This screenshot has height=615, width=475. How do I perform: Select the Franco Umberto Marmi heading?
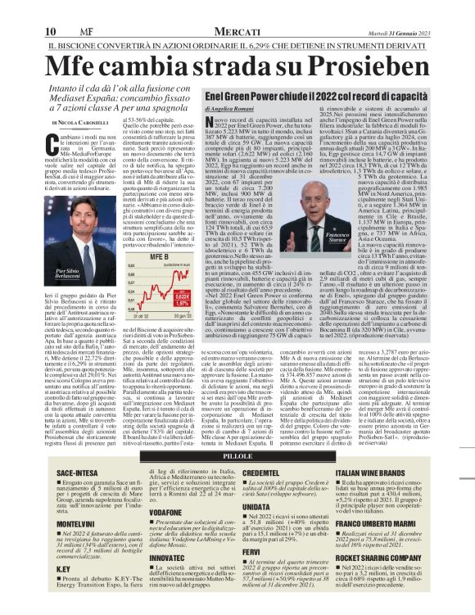pyautogui.click(x=411, y=523)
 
